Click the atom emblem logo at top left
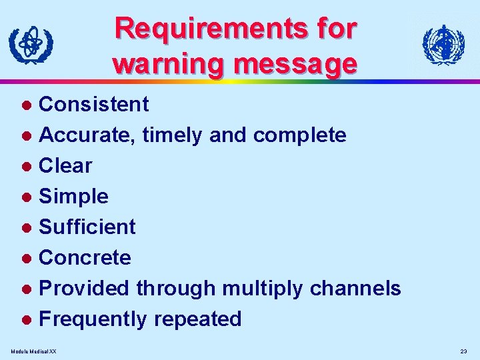31,45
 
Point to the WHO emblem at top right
443,45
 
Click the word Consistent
94,104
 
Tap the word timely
173,135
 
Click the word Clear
65,165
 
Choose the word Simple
73,196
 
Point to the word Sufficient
87,227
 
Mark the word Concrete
85,257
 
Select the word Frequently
93,319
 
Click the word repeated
197,319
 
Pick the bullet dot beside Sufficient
27,227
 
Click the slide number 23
463,351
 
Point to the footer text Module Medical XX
34,351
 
